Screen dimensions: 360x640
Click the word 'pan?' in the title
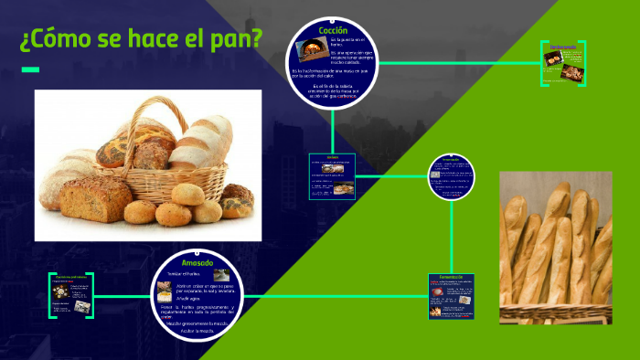pyautogui.click(x=234, y=40)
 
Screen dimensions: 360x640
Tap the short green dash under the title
pyautogui.click(x=30, y=69)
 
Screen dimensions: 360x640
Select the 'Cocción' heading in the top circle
pyautogui.click(x=333, y=31)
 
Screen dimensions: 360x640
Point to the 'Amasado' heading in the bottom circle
pyautogui.click(x=197, y=263)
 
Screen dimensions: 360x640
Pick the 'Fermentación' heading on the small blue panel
pyautogui.click(x=452, y=277)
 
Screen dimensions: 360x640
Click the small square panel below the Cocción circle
pyautogui.click(x=332, y=175)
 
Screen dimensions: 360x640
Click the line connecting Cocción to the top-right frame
pyautogui.click(x=457, y=63)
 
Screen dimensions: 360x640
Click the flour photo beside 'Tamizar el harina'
pyautogui.click(x=220, y=274)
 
